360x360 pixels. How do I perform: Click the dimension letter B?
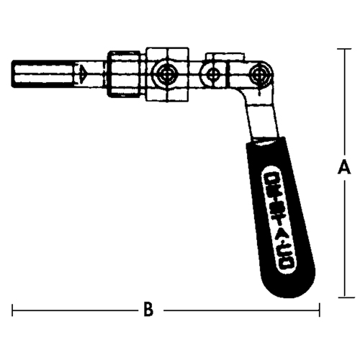148,310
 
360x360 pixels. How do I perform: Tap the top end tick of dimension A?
345,49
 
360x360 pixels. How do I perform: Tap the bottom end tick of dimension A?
345,297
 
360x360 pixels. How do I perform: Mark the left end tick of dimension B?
13,310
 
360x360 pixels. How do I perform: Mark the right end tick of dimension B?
319,310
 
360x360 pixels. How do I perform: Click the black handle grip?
285,216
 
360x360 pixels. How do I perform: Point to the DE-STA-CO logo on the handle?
281,216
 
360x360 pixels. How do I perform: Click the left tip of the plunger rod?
15,73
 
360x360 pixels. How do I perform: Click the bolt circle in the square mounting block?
168,73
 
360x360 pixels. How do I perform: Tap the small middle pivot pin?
212,73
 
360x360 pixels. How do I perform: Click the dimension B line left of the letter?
72,310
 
